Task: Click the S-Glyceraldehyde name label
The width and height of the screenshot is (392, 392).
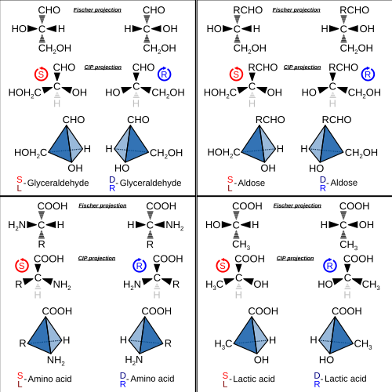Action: tap(53, 183)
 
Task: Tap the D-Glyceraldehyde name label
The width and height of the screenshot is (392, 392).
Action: tap(145, 183)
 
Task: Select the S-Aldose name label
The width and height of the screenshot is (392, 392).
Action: tap(246, 183)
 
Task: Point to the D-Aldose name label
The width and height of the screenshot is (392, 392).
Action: tap(339, 183)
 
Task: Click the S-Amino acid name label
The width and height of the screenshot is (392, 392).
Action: tap(45, 379)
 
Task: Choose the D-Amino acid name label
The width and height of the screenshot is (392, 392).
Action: tap(147, 379)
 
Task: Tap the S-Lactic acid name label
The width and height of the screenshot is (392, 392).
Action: tap(249, 379)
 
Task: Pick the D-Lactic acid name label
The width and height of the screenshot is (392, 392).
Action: tap(340, 379)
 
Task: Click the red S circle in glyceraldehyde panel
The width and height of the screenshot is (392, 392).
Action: tap(41, 74)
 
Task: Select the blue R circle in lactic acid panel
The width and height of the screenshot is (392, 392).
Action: tap(330, 266)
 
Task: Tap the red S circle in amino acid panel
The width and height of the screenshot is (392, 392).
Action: tap(22, 266)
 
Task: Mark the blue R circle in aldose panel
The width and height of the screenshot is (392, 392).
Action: tap(368, 74)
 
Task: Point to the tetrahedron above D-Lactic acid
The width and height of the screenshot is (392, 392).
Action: tap(336, 335)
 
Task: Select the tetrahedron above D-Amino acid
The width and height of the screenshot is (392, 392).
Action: tap(146, 335)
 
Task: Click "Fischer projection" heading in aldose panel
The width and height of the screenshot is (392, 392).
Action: tap(296, 10)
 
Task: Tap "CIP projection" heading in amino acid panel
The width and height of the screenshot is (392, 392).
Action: tap(96, 259)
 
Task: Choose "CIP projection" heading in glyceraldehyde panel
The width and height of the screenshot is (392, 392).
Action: tap(103, 67)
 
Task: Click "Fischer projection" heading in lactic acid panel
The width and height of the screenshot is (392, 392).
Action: tap(297, 205)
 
